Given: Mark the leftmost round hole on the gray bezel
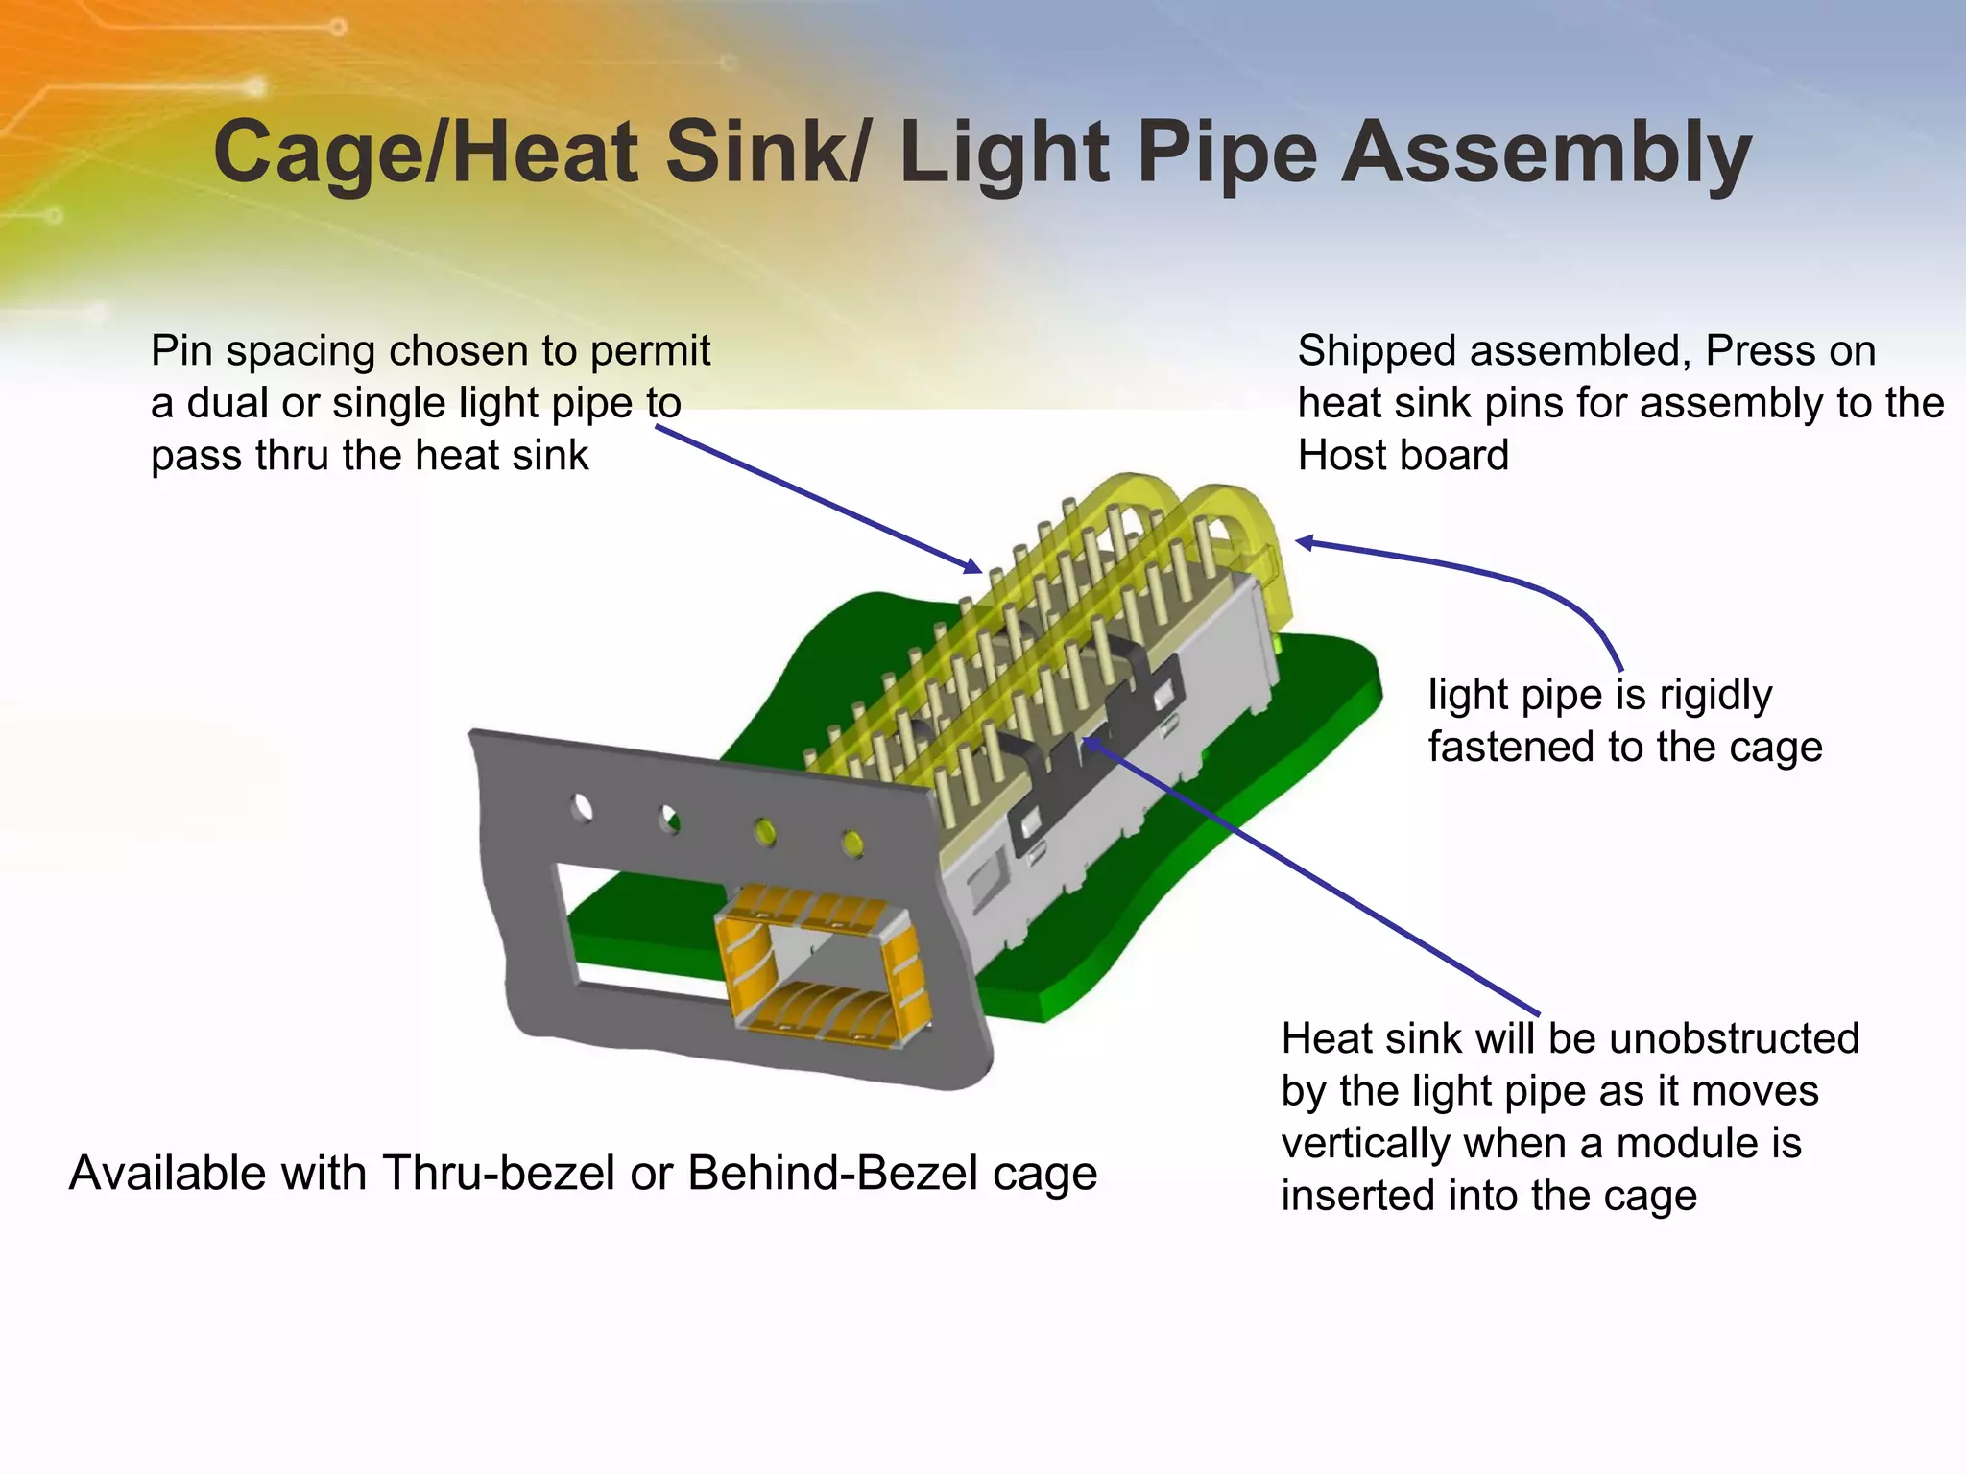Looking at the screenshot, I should pyautogui.click(x=582, y=808).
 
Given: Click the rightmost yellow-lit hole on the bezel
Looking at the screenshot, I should pyautogui.click(x=851, y=843).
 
